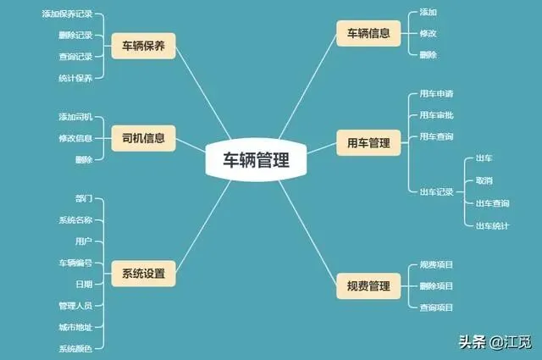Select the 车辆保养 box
pyautogui.click(x=143, y=46)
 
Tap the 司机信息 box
pyautogui.click(x=143, y=137)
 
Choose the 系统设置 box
pyautogui.click(x=143, y=274)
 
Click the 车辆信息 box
pyautogui.click(x=368, y=34)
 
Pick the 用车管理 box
pyautogui.click(x=368, y=143)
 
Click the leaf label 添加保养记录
pyautogui.click(x=67, y=14)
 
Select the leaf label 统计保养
pyautogui.click(x=75, y=78)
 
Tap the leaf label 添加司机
pyautogui.click(x=75, y=116)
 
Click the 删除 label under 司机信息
pyautogui.click(x=84, y=159)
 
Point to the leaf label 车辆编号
pyautogui.click(x=75, y=263)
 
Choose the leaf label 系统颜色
pyautogui.click(x=75, y=348)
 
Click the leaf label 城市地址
pyautogui.click(x=75, y=327)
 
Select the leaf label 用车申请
pyautogui.click(x=437, y=93)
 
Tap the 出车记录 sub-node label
pyautogui.click(x=437, y=191)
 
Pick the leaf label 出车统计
pyautogui.click(x=492, y=225)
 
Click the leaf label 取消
pyautogui.click(x=484, y=180)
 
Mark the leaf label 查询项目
pyautogui.click(x=437, y=307)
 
